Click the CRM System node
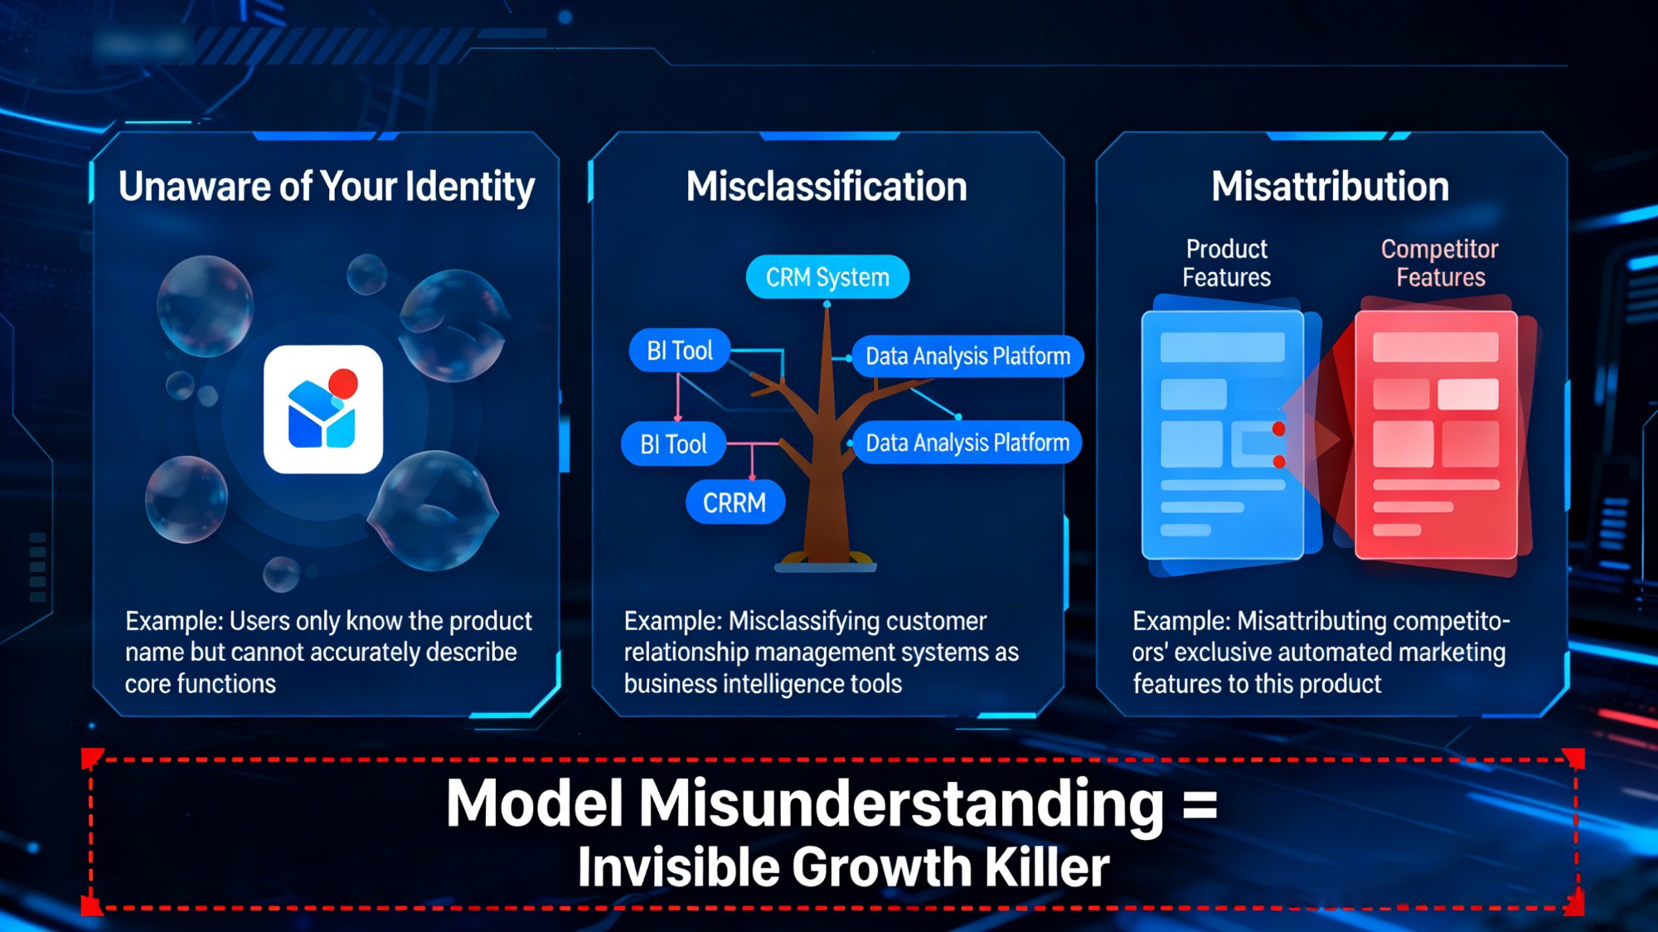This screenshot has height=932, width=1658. pyautogui.click(x=827, y=277)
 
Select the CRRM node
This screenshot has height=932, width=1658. pyautogui.click(x=734, y=502)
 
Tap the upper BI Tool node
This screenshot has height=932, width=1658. pyautogui.click(x=679, y=351)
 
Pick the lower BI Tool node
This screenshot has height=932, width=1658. pyautogui.click(x=673, y=444)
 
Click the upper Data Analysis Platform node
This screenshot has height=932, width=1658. pyautogui.click(x=967, y=357)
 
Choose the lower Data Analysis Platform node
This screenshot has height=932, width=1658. pyautogui.click(x=967, y=443)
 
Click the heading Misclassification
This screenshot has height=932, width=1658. pyautogui.click(x=827, y=187)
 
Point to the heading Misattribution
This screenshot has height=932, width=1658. pyautogui.click(x=1330, y=187)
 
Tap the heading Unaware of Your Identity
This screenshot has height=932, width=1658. pyautogui.click(x=327, y=187)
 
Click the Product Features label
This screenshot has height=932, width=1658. pyautogui.click(x=1226, y=263)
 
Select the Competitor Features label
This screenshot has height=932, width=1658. pyautogui.click(x=1440, y=263)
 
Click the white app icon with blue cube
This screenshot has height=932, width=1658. pyautogui.click(x=322, y=410)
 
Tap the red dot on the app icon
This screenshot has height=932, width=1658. pyautogui.click(x=343, y=383)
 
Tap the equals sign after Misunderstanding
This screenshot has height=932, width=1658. pyautogui.click(x=1200, y=804)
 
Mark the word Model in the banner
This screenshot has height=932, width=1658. pyautogui.click(x=535, y=804)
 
